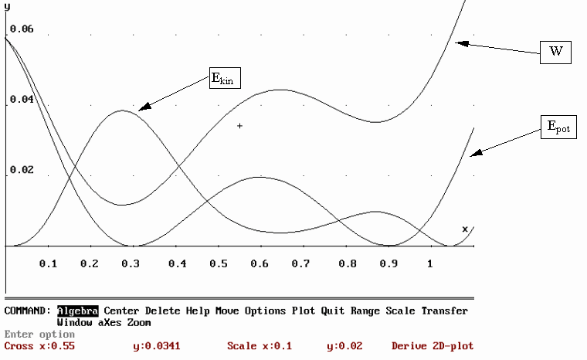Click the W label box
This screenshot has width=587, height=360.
(555, 52)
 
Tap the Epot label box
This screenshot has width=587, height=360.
(558, 127)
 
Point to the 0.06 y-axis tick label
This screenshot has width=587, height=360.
(22, 29)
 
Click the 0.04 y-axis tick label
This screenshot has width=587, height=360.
(22, 100)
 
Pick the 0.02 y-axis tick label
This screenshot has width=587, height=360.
(22, 169)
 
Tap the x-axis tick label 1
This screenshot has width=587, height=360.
(429, 264)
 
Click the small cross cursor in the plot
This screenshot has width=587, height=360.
(240, 125)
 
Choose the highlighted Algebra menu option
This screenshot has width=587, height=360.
(77, 311)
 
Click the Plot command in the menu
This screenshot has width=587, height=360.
(303, 311)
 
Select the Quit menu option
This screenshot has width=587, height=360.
(333, 311)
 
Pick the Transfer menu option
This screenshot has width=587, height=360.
(444, 311)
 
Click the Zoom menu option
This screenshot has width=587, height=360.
(139, 321)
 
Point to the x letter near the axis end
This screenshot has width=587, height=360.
(465, 229)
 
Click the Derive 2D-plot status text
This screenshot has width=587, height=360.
(433, 346)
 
